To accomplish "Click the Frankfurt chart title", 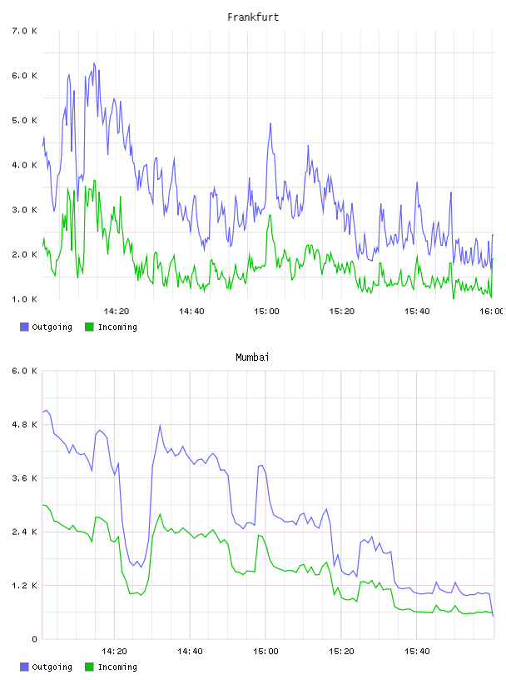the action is point(253,17).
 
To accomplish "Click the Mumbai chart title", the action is point(252,357).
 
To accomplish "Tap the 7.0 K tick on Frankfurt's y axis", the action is point(24,31).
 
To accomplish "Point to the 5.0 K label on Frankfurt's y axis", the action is point(24,120).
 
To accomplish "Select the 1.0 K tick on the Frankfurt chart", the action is point(24,299).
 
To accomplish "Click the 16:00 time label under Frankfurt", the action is point(492,311).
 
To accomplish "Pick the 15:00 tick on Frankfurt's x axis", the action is point(266,311).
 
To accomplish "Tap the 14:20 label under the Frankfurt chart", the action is point(117,311).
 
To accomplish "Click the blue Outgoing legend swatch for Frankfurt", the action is point(24,327).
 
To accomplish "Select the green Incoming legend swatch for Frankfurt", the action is point(89,327).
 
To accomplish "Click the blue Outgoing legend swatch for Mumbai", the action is point(24,667).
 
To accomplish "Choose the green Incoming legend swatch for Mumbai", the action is point(89,667).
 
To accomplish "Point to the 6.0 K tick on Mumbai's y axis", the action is point(24,371).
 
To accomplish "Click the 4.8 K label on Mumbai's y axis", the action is point(24,424).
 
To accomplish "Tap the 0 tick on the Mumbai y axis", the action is point(34,639).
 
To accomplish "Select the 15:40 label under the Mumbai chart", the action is point(417,651).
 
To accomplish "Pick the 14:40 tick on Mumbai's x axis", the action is point(190,651).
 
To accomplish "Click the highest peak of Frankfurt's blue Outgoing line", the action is point(93,62).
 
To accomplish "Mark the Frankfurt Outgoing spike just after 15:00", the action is point(270,123).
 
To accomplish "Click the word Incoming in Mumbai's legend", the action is point(117,667).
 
